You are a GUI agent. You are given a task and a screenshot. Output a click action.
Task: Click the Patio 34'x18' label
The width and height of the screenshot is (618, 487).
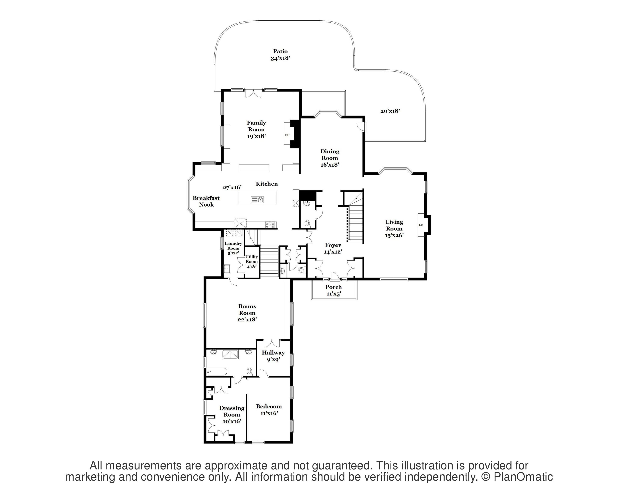click(x=280, y=55)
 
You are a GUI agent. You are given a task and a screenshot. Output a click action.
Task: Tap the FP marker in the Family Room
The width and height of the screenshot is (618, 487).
click(x=287, y=135)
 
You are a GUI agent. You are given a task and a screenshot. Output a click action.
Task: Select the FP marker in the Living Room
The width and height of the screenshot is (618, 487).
click(x=421, y=225)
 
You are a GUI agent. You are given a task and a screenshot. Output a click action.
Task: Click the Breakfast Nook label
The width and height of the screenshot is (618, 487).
click(x=206, y=201)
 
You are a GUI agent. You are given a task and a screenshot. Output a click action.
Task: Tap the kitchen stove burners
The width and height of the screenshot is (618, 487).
click(x=271, y=225)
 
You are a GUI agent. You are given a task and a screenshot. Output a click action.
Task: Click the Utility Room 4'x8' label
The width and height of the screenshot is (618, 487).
click(x=252, y=261)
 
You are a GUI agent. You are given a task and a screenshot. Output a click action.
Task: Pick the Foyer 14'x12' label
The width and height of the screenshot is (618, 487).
click(x=333, y=248)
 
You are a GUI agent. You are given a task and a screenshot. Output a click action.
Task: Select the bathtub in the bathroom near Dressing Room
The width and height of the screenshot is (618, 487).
click(x=217, y=371)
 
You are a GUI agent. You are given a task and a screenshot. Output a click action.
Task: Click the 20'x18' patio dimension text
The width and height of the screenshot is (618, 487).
click(x=390, y=111)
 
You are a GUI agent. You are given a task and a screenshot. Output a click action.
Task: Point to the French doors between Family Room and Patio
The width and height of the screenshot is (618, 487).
click(x=253, y=93)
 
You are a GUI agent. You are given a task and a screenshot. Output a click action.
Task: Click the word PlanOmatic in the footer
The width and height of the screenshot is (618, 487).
click(x=523, y=477)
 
